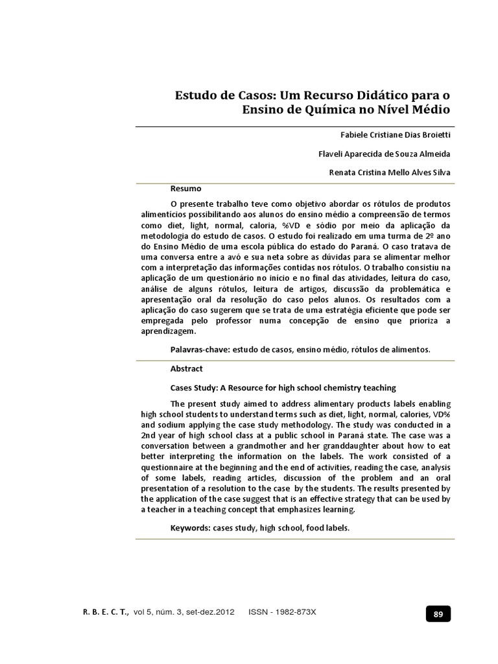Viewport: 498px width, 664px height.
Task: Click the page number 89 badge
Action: click(x=438, y=613)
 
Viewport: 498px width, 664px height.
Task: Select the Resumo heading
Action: click(x=186, y=189)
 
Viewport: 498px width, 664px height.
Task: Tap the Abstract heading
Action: click(x=187, y=368)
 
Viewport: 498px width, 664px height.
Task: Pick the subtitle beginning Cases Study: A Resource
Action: click(x=283, y=388)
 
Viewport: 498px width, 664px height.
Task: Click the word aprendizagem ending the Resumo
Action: click(x=167, y=331)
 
